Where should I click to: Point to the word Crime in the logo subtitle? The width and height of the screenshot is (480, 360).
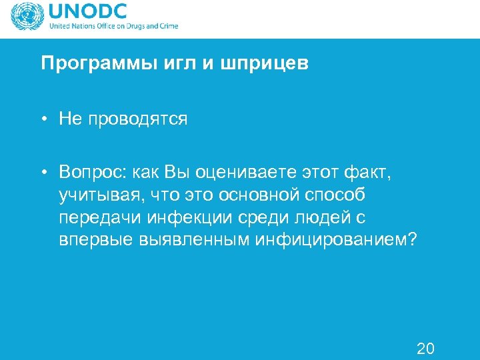point(167,27)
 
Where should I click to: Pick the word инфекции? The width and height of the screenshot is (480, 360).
point(187,218)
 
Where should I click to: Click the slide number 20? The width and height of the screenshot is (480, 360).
point(425,347)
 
